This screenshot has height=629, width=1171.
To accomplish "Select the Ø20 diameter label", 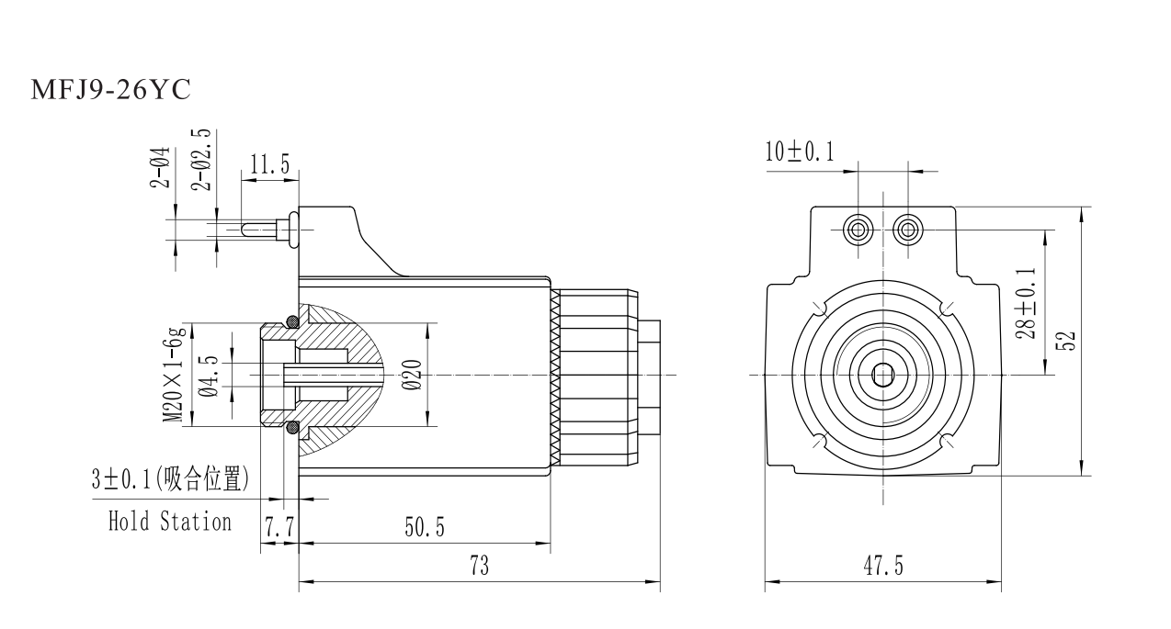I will coord(413,375).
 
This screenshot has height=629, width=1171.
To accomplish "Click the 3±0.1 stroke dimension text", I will coord(170,479).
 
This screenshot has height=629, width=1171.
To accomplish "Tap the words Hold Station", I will coord(170,522).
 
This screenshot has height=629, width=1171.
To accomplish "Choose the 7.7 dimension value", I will coord(279,528).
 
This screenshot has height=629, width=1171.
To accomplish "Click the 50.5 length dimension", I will coord(425,528).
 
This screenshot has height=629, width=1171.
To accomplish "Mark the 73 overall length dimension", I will coord(479,566).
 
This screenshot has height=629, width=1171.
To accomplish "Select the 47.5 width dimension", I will coord(882,566).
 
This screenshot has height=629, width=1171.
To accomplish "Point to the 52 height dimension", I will coord(1067,341).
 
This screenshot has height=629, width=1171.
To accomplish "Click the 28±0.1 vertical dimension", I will coord(1029,303).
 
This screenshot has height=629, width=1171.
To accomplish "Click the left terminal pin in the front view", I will coord(858,229).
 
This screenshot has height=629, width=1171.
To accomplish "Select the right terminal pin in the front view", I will coord(909,229).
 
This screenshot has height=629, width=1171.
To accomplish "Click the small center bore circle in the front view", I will coord(883,375).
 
